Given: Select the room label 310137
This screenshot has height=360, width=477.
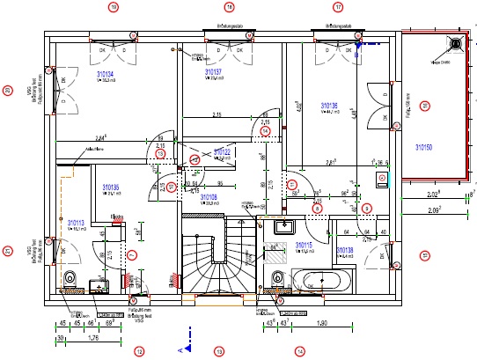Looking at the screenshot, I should point(213,71).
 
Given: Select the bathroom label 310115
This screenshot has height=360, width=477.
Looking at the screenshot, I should point(305,245).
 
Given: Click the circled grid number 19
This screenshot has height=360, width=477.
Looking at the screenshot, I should point(113,7).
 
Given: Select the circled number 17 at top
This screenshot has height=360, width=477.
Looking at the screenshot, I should point(338,7).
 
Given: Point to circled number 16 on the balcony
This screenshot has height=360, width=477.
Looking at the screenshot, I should point(424,107).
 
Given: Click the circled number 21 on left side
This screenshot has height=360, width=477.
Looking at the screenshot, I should point(7,251).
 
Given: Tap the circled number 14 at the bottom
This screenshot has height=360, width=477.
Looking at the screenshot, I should point(300,351).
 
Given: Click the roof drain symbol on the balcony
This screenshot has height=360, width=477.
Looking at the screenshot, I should point(455,42).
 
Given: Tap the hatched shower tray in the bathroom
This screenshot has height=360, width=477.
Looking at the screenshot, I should point(276,258).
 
